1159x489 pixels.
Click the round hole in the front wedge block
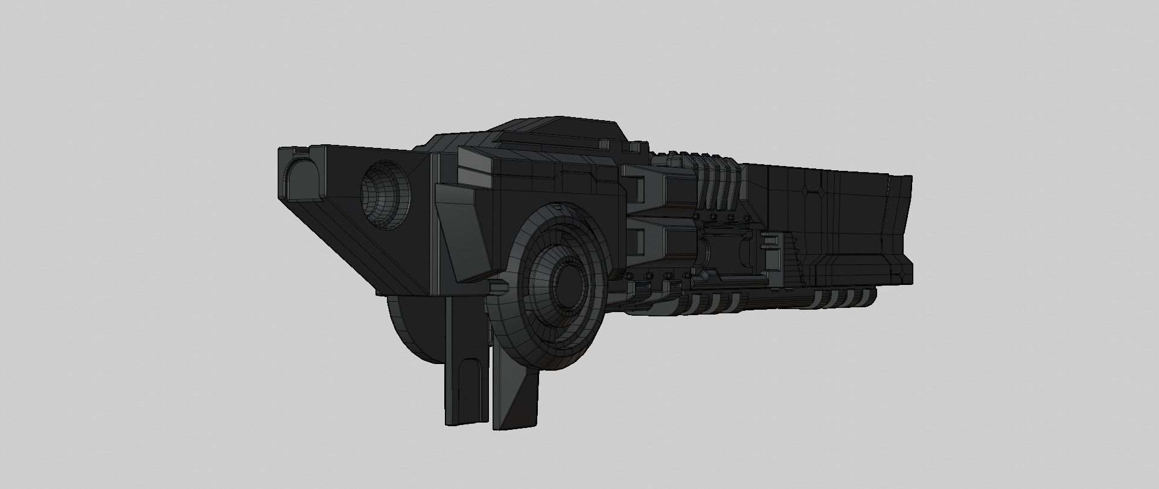[x=386, y=194]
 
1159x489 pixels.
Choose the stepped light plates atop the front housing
[x=477, y=166]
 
